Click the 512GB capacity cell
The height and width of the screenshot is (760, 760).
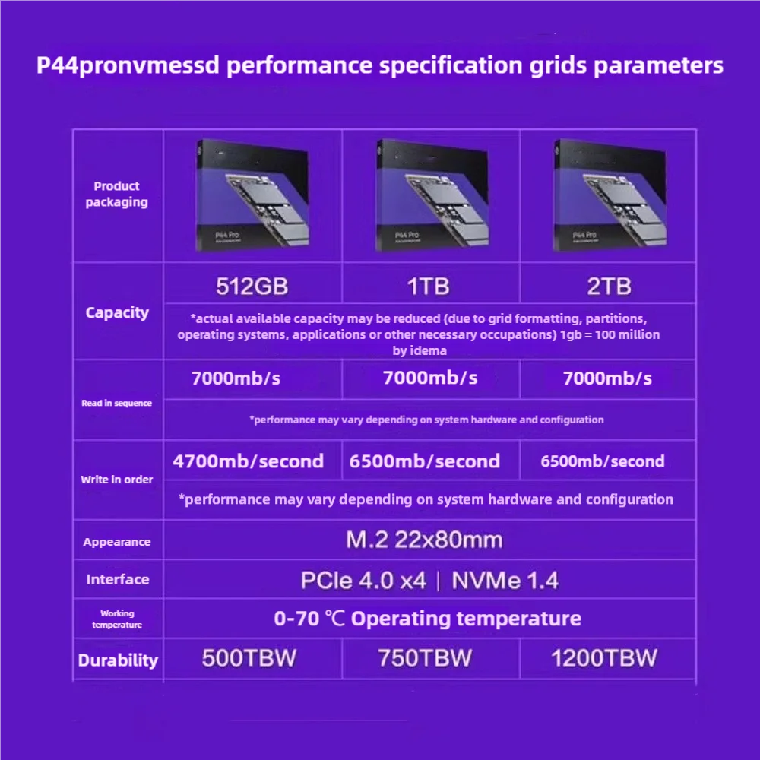click(x=252, y=287)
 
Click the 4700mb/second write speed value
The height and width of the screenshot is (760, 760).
click(x=249, y=461)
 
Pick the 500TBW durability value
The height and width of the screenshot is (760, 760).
click(x=249, y=658)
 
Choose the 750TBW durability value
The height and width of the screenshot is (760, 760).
click(x=425, y=658)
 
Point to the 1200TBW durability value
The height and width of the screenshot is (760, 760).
click(x=604, y=658)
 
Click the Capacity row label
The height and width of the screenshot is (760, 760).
click(x=117, y=312)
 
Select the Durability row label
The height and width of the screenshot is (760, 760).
click(x=118, y=660)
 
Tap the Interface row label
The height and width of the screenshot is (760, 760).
click(x=117, y=579)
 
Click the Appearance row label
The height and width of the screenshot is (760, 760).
click(x=117, y=542)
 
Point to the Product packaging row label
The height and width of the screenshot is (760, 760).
click(x=116, y=195)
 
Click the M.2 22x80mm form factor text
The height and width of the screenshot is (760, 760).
click(x=424, y=540)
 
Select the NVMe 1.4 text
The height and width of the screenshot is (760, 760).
click(x=505, y=581)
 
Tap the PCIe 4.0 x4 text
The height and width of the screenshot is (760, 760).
click(x=363, y=581)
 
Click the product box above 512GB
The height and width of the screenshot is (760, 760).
click(x=253, y=195)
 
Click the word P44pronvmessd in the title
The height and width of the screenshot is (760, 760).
click(x=128, y=65)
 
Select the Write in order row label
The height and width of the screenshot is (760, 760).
click(x=117, y=480)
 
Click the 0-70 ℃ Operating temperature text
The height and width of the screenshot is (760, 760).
click(x=427, y=619)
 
